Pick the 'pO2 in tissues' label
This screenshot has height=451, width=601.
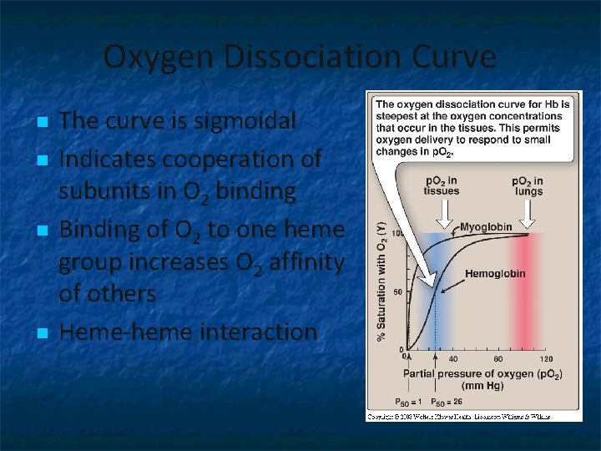coord(442,186)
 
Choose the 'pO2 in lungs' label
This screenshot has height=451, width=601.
coord(527,186)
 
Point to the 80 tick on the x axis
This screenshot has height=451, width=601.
coord(498,359)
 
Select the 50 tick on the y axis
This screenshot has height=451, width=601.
coord(398,291)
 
